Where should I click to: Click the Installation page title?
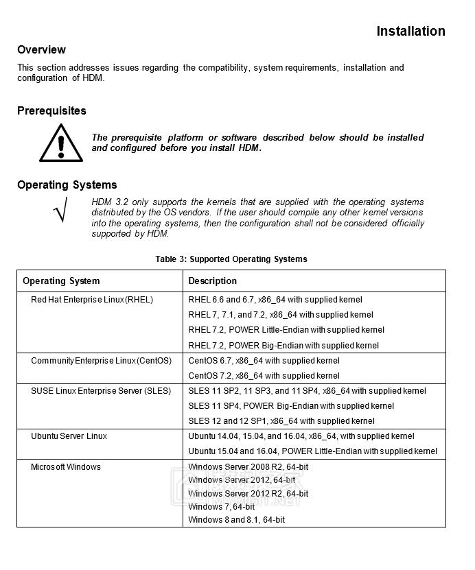point(410,32)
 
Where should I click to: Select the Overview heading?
point(41,50)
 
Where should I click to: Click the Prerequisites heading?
point(51,111)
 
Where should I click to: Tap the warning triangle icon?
point(61,143)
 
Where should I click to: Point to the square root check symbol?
point(60,209)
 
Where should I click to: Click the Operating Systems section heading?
point(67,185)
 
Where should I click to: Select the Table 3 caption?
point(231,259)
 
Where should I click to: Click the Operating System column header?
point(61,281)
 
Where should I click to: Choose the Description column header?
point(213,281)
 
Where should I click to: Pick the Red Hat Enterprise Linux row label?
point(92,300)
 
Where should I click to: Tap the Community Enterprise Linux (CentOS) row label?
point(101,361)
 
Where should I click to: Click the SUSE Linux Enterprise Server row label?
point(101,391)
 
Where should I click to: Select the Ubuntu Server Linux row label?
point(69,436)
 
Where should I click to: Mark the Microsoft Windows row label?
point(66,467)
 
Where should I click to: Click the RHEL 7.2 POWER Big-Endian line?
point(283,346)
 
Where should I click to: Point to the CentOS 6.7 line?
point(264,361)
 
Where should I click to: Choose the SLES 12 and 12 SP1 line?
point(281,421)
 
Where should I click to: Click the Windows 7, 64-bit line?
point(221,507)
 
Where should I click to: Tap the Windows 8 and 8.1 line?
point(236,520)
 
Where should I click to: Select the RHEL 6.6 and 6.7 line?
point(275,300)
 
